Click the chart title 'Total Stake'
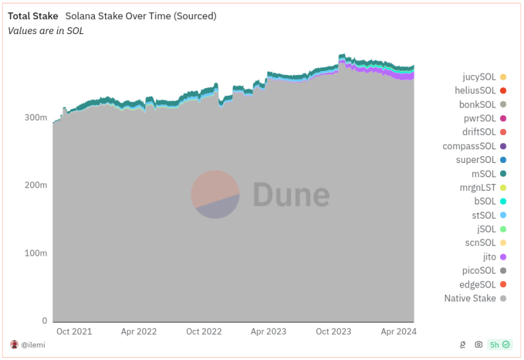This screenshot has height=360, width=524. pos(33,16)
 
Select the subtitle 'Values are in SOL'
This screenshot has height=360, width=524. pos(45,31)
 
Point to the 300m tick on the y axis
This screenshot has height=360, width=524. pos(36,117)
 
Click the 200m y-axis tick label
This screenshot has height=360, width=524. pos(36,185)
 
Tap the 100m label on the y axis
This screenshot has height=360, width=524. pos(36,253)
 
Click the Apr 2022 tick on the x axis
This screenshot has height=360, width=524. pos(139,331)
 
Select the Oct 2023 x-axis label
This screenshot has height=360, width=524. pos(333,331)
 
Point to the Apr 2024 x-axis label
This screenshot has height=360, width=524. pos(398,331)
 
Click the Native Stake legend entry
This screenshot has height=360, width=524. pos(470,298)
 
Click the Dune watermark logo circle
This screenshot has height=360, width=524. pos(215,194)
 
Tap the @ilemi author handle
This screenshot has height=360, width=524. pos(33,344)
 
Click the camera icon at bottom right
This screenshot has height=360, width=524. pos(479,344)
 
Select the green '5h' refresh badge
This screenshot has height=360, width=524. pos(499,344)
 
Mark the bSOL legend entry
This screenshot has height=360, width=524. pos(486,201)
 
